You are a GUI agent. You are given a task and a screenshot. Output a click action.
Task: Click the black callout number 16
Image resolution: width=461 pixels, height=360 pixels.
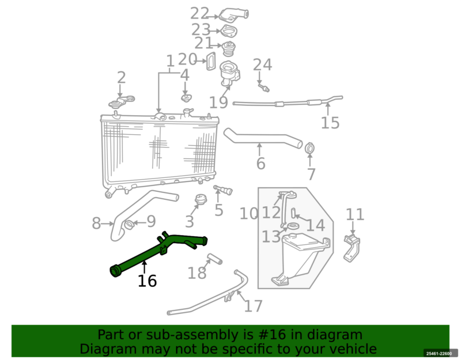(147, 281)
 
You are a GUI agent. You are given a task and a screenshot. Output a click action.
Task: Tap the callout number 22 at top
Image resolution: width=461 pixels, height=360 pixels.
(199, 13)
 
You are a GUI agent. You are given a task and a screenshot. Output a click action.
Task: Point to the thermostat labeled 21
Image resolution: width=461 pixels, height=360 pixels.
(228, 49)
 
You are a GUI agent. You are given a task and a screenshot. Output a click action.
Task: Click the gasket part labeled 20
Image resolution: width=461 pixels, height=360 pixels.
(211, 61)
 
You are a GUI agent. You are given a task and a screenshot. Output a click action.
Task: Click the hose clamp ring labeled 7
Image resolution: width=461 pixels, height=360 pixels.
(309, 148)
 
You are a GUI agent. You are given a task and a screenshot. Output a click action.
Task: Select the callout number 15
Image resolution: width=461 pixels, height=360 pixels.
(330, 123)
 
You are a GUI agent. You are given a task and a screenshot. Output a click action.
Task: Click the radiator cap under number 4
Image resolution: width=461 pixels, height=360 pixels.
(185, 97)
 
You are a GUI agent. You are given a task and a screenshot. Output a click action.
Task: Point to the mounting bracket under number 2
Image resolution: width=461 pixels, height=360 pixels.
(122, 101)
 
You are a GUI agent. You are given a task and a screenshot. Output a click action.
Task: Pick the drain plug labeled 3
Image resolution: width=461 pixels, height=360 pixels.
(201, 199)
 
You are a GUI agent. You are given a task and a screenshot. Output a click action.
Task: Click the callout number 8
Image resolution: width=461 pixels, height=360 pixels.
(96, 223)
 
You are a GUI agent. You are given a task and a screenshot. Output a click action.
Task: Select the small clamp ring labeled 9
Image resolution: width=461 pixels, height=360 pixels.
(129, 225)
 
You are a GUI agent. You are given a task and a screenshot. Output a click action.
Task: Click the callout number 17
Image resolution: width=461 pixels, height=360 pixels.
(253, 306)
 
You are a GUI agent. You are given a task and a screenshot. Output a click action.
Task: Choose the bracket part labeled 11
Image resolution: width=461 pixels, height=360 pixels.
(352, 248)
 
